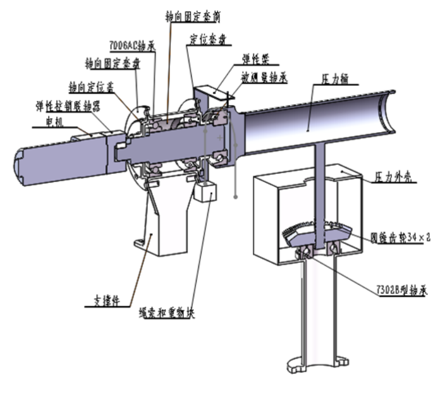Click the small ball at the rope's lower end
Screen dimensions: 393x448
coord(236,196)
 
